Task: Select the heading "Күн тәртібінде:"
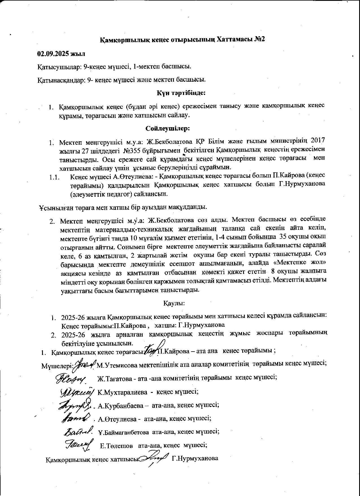point(181,92)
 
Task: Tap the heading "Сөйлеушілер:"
point(168,129)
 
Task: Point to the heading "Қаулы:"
point(174,303)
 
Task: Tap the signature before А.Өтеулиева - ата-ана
point(76,418)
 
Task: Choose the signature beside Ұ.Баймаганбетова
point(78,431)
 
